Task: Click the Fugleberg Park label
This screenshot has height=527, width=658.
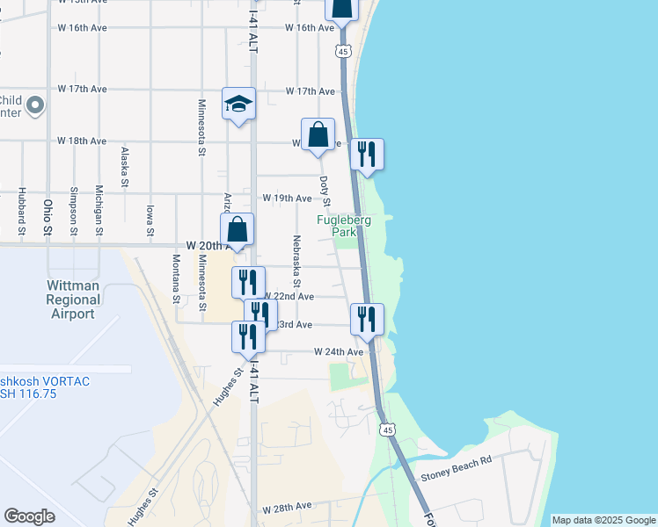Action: pyautogui.click(x=344, y=227)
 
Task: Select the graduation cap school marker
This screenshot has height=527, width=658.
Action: pyautogui.click(x=238, y=105)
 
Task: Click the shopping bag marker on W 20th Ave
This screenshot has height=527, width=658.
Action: pyautogui.click(x=238, y=231)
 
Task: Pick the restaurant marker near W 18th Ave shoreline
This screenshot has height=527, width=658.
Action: pyautogui.click(x=368, y=155)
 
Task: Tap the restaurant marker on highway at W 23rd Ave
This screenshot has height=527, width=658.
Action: pyautogui.click(x=368, y=320)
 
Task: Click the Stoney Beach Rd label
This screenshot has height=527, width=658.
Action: pyautogui.click(x=456, y=475)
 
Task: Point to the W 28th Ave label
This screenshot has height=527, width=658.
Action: pyautogui.click(x=287, y=508)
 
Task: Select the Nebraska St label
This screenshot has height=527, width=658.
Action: pyautogui.click(x=297, y=261)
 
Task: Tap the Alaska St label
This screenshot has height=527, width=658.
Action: pyautogui.click(x=125, y=167)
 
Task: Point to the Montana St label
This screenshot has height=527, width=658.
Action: pyautogui.click(x=176, y=278)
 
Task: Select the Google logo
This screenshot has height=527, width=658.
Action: pyautogui.click(x=29, y=516)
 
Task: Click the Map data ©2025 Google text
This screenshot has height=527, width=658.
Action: pyautogui.click(x=603, y=520)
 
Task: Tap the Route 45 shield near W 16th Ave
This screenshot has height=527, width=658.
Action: pyautogui.click(x=343, y=51)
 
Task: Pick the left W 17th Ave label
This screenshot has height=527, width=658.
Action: pyautogui.click(x=82, y=90)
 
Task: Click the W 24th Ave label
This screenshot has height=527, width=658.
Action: pyautogui.click(x=339, y=351)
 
